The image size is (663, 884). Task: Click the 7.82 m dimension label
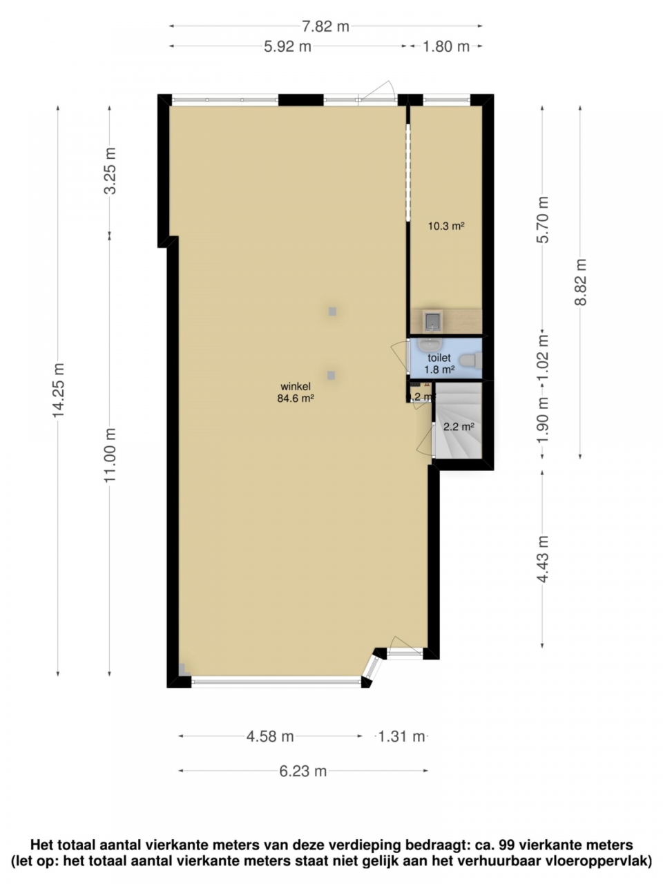pyautogui.click(x=325, y=27)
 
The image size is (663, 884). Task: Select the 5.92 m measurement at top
pyautogui.click(x=287, y=47)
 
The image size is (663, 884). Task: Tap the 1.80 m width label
pyautogui.click(x=445, y=47)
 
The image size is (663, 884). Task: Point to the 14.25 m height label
pyautogui.click(x=58, y=390)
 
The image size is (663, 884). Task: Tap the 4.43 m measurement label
pyautogui.click(x=543, y=559)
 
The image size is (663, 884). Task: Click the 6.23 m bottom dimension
pyautogui.click(x=303, y=771)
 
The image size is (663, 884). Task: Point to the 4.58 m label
pyautogui.click(x=270, y=737)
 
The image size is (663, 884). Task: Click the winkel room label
pyautogui.click(x=296, y=386)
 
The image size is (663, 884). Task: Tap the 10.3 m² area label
pyautogui.click(x=445, y=225)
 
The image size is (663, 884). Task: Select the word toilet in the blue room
pyautogui.click(x=439, y=358)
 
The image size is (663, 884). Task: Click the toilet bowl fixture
pyautogui.click(x=470, y=361)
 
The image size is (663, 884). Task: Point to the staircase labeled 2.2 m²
pyautogui.click(x=457, y=428)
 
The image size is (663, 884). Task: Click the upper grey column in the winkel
pyautogui.click(x=332, y=311)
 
